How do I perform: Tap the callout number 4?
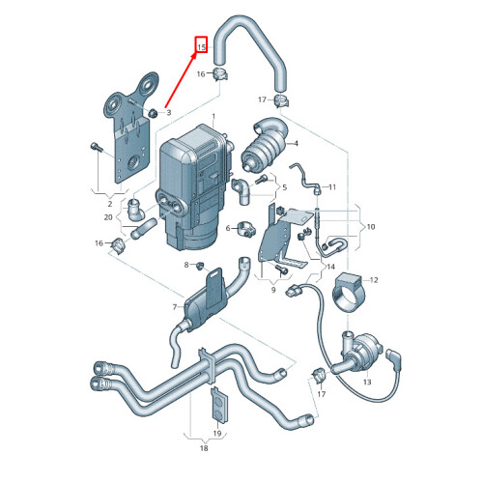296,144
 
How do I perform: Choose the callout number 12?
376,279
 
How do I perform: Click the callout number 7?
174,308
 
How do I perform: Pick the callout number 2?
110,204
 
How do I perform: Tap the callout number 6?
229,228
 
